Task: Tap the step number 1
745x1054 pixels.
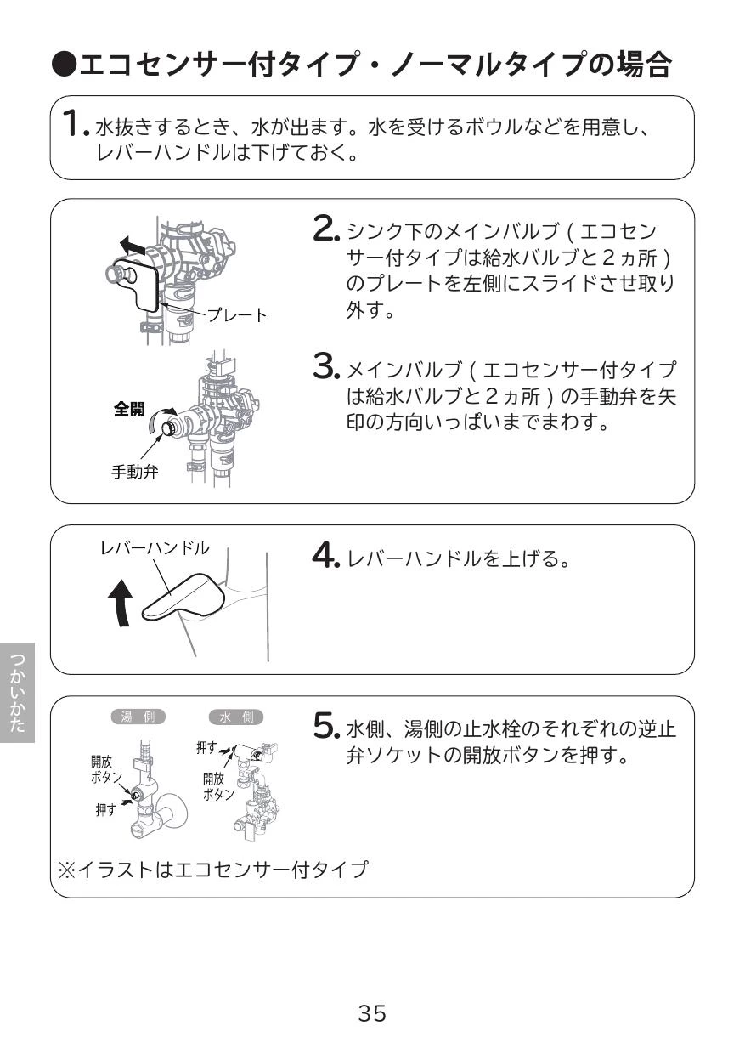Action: [75, 123]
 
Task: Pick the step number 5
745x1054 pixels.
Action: [326, 727]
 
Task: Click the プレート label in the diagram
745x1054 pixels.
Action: [237, 314]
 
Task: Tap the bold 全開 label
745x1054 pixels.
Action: [129, 408]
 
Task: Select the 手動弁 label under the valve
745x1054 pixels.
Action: [135, 471]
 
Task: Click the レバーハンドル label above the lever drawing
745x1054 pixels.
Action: [155, 548]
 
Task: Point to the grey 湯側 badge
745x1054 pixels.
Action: [138, 717]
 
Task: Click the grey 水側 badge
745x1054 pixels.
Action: [236, 717]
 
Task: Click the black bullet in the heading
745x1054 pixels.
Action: [65, 65]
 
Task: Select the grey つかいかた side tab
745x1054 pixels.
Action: [17, 693]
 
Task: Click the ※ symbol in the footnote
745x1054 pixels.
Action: [67, 870]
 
